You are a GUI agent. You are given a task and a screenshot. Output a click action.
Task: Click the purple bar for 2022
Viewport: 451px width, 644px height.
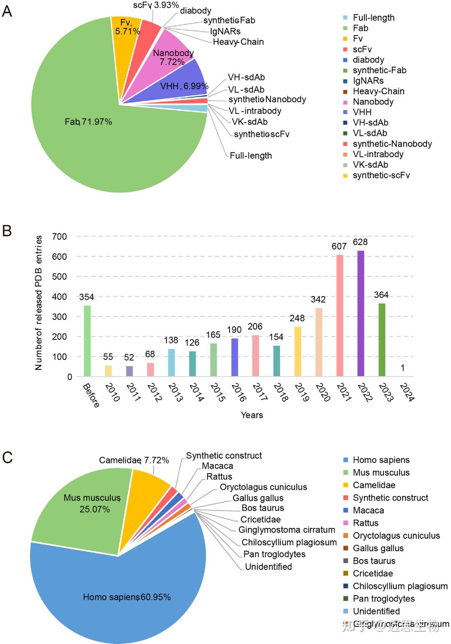click(360, 314)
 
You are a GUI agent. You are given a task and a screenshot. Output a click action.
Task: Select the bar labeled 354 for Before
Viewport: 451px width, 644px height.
click(87, 341)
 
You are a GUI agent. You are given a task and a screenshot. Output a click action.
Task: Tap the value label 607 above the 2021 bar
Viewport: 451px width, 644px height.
click(339, 246)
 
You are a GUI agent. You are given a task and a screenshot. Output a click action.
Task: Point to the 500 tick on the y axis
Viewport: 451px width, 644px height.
click(59, 277)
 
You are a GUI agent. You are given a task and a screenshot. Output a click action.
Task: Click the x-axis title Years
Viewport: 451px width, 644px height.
click(252, 415)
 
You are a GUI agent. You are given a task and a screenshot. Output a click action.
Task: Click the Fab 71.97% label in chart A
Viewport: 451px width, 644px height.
click(88, 122)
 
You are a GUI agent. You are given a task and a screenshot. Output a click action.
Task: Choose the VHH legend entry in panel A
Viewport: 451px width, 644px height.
click(362, 112)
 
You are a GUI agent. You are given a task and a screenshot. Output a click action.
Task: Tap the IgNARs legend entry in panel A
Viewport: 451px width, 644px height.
click(368, 81)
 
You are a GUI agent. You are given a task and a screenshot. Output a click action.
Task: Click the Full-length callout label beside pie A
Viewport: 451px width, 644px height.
click(251, 156)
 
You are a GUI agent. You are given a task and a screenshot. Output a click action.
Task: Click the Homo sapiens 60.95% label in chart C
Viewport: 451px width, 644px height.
click(127, 597)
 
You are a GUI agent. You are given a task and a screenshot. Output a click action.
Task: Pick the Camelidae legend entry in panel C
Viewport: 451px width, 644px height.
click(374, 485)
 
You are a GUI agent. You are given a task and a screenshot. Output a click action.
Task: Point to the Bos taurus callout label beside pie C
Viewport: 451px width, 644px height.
click(263, 508)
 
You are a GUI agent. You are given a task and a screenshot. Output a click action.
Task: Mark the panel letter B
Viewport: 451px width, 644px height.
click(7, 231)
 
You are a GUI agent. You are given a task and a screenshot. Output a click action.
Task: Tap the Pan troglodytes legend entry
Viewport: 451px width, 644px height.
click(384, 599)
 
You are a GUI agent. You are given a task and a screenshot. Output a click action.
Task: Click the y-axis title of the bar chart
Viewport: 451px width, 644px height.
click(39, 303)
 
